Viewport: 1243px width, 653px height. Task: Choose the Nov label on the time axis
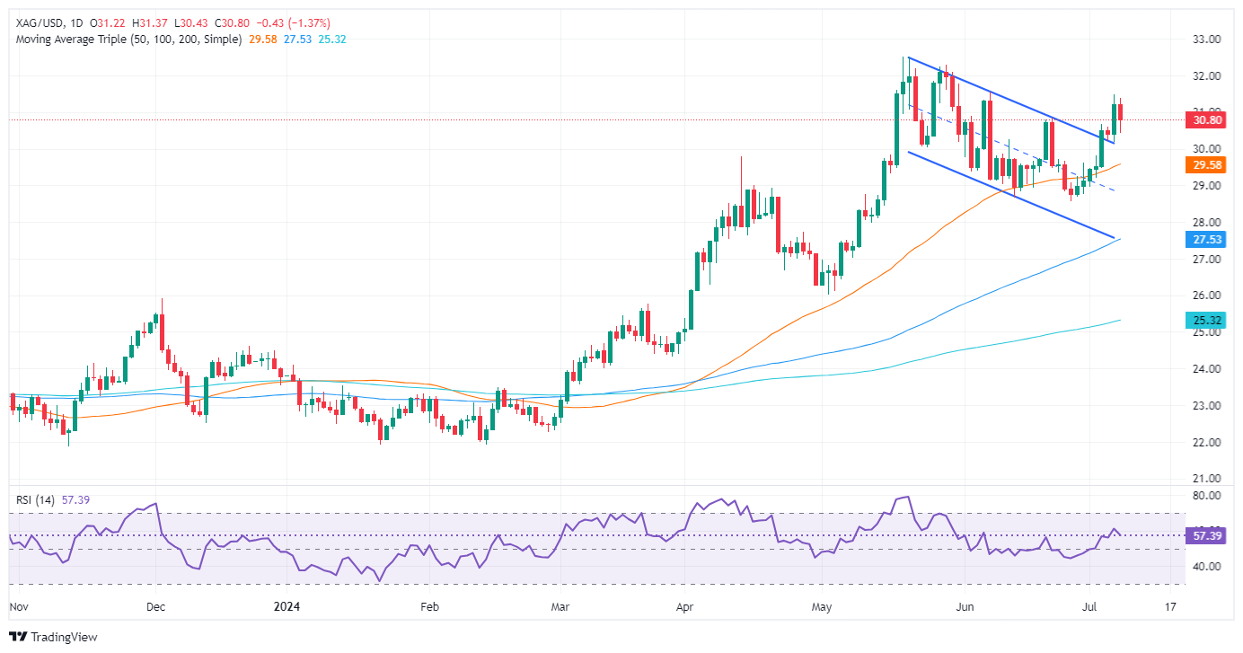[x=18, y=606]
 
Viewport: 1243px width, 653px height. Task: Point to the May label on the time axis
[x=822, y=606]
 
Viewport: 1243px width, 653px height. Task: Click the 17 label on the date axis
[x=1170, y=606]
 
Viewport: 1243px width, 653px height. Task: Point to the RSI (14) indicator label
[x=33, y=499]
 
